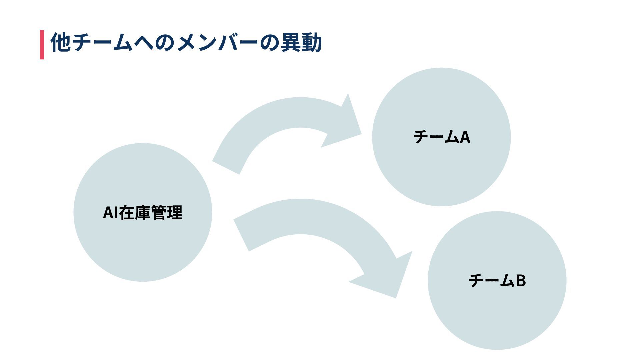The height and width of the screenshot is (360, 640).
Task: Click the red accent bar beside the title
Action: point(42,44)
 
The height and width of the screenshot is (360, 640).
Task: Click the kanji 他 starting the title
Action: point(61,43)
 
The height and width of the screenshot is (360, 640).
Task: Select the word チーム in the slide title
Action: point(102,43)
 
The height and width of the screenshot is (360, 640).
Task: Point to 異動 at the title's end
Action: point(301,43)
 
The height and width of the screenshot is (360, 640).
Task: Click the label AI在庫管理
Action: point(143,213)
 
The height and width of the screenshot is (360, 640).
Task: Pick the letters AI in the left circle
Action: point(110,213)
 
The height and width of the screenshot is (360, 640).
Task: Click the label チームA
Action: point(442,137)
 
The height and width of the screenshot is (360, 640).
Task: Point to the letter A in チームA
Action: point(465,137)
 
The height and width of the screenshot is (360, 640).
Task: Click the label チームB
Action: point(497,280)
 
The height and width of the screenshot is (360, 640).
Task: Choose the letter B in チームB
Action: point(521,280)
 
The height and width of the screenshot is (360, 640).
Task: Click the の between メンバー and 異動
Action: point(269,43)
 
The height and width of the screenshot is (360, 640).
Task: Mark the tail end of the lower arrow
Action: point(242,235)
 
